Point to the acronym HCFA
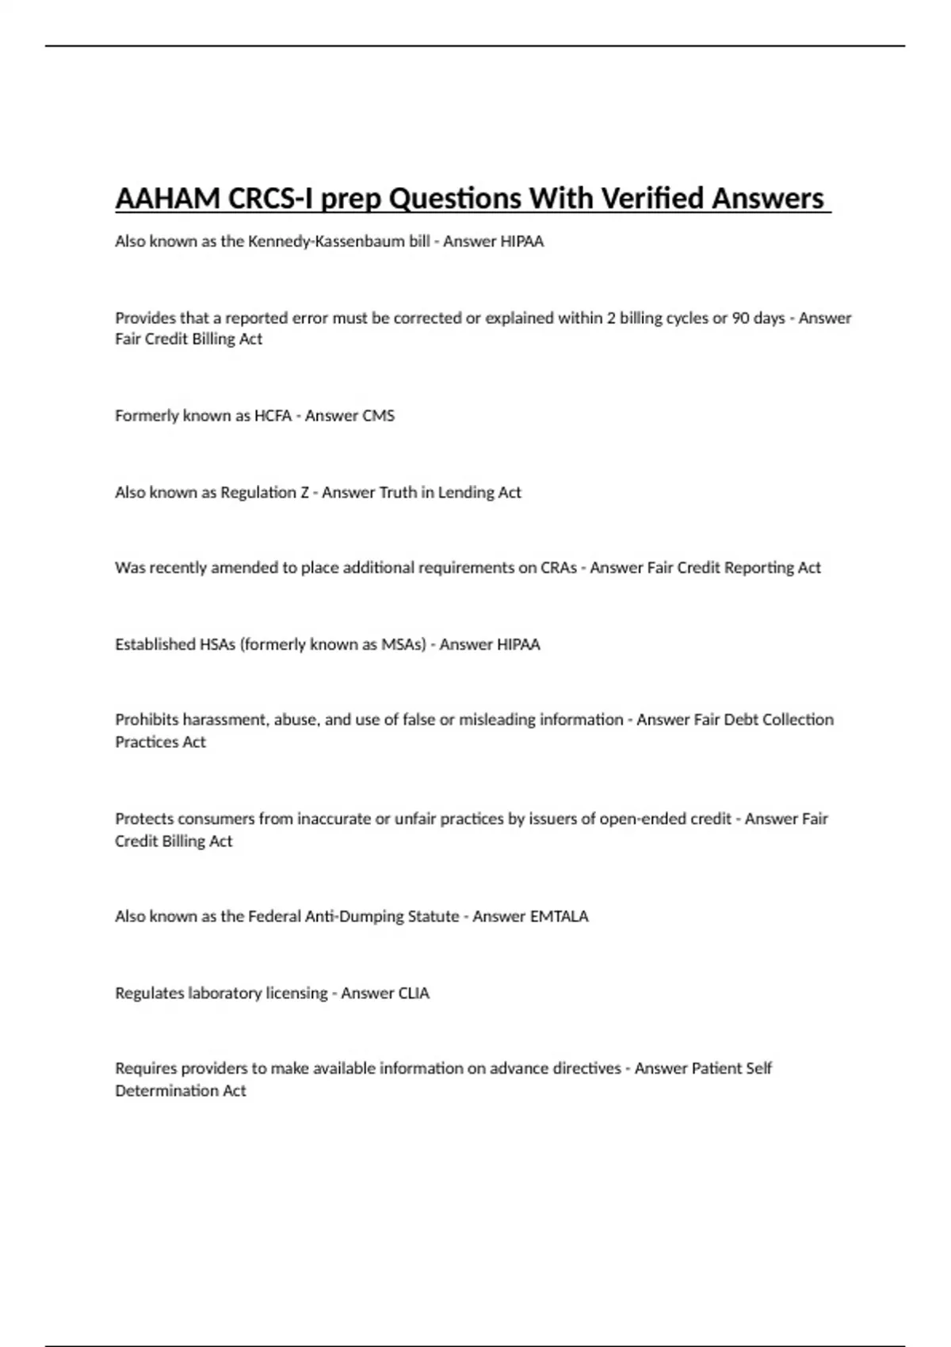tap(273, 416)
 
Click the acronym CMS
tap(378, 416)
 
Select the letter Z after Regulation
tap(304, 493)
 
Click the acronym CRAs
tap(559, 568)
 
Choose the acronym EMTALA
tap(559, 917)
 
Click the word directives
tap(589, 1069)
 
